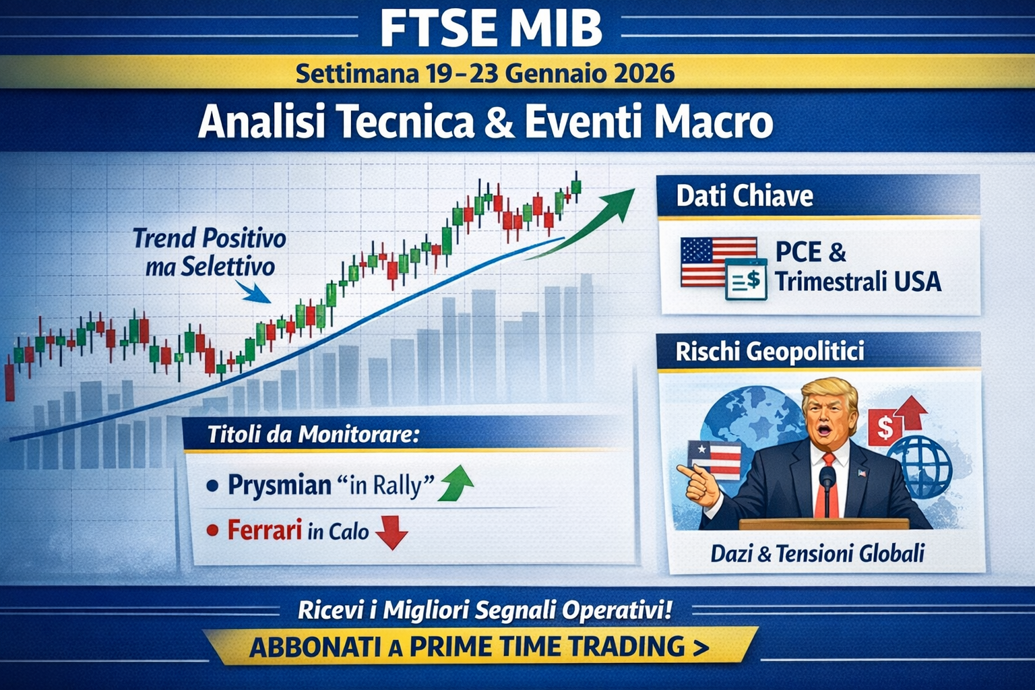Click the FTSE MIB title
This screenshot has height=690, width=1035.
(491, 28)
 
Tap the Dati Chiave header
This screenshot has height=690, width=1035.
(745, 196)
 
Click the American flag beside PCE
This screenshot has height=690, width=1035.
(718, 261)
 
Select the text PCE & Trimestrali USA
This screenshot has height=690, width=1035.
(857, 267)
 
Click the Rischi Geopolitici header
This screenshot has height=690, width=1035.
(770, 351)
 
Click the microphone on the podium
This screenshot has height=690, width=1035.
(827, 480)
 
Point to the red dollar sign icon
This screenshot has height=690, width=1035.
(884, 427)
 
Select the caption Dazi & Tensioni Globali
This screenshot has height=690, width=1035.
(817, 554)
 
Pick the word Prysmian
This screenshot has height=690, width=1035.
(279, 485)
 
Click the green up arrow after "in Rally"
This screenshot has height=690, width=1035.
(456, 482)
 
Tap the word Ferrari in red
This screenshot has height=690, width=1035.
(264, 530)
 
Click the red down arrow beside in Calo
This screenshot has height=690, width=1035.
(391, 533)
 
